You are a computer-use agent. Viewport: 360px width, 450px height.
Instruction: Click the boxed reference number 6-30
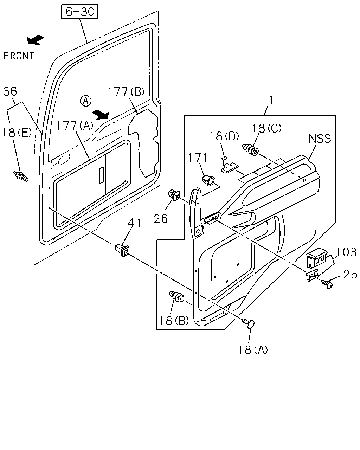point(79,12)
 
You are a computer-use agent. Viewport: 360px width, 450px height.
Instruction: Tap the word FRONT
point(19,56)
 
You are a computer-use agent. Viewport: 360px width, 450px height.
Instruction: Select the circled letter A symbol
point(86,101)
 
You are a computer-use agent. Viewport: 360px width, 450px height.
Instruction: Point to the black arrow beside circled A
point(101,114)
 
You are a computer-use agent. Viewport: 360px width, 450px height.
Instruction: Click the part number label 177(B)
point(126,92)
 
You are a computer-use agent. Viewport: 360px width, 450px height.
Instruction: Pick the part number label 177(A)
point(75,126)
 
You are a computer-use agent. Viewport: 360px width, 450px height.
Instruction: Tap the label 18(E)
point(17,133)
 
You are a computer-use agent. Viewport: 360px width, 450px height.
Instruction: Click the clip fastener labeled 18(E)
point(21,176)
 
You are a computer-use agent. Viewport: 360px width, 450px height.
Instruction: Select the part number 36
point(10,92)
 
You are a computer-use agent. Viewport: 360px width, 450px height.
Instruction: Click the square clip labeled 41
point(122,250)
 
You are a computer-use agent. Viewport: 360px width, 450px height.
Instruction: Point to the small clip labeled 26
point(174,195)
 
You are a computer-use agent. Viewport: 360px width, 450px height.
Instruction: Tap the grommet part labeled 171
point(208,180)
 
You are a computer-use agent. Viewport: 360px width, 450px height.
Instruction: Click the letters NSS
point(320,139)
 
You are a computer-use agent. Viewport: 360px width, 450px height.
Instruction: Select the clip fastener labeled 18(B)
point(176,296)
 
